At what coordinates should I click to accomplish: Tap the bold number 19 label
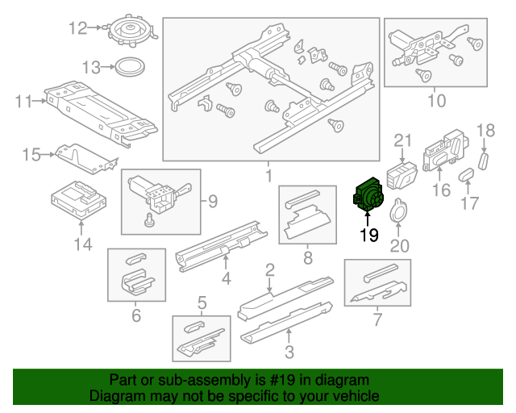tap(369, 235)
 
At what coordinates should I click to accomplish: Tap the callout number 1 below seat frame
tap(268, 174)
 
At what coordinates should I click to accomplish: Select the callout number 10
tap(435, 101)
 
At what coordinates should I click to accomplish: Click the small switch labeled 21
tap(402, 173)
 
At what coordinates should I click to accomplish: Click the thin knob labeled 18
tap(484, 160)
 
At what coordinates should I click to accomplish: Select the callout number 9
tap(213, 201)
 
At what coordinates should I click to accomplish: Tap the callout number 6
tap(135, 315)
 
